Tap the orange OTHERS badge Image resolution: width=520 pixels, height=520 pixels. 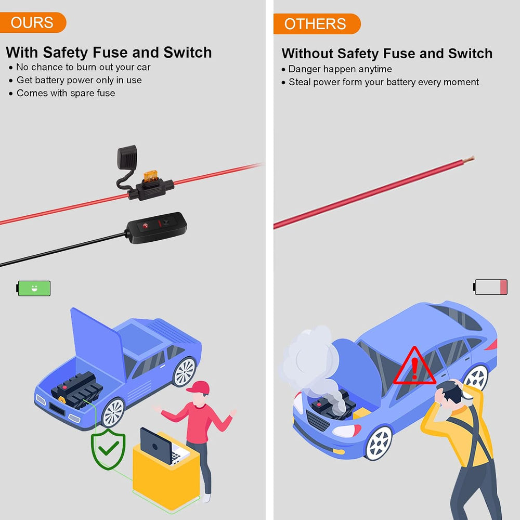(317, 24)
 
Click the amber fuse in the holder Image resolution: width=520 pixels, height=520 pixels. (151, 176)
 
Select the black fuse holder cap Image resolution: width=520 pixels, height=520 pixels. (127, 157)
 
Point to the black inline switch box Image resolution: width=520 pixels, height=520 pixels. (156, 228)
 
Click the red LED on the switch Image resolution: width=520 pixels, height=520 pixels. (145, 226)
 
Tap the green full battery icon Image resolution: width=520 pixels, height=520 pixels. (33, 288)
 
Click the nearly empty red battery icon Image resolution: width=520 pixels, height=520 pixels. (490, 287)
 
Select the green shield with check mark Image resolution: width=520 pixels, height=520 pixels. (109, 449)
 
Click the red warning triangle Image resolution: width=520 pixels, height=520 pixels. (414, 366)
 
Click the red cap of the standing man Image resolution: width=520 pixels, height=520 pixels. (199, 387)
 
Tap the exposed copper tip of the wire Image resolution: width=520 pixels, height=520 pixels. (469, 160)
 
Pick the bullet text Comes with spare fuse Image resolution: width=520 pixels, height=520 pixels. (66, 93)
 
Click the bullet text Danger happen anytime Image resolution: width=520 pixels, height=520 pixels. (340, 69)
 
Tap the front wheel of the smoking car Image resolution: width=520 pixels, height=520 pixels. (379, 443)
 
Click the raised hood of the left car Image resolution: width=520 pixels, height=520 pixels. (97, 345)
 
